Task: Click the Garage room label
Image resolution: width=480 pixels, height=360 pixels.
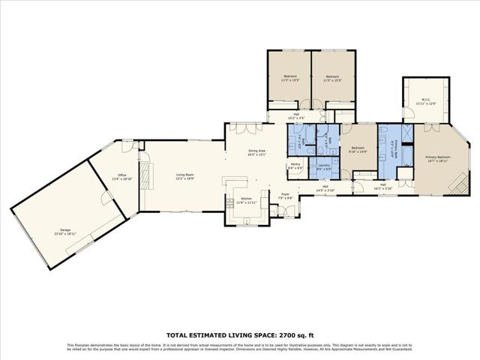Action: (65, 231)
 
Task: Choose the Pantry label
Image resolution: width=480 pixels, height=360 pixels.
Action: (295, 166)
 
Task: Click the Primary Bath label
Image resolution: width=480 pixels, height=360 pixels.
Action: (393, 151)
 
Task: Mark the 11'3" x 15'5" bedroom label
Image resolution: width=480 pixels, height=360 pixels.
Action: (289, 78)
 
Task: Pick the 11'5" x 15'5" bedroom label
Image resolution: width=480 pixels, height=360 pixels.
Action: (332, 78)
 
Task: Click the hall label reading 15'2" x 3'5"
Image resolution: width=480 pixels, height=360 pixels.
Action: (296, 116)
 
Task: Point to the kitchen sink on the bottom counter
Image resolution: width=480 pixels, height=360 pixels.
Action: (244, 220)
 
